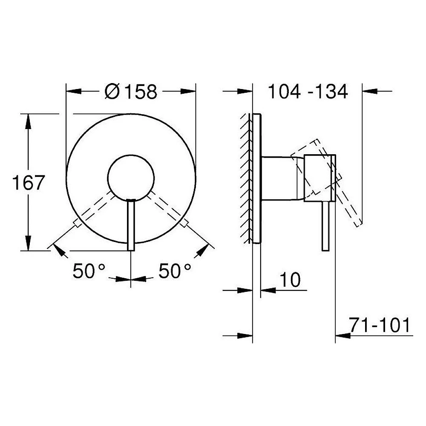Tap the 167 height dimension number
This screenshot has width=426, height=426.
click(28, 183)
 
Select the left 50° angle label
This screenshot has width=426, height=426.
click(89, 271)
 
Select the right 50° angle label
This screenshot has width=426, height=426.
click(175, 271)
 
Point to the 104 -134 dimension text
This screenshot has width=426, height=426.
click(308, 91)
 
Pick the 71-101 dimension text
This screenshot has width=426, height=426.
click(380, 325)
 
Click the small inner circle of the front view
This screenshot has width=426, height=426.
click(131, 178)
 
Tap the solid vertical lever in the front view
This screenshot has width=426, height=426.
click(131, 225)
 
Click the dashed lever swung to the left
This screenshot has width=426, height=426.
click(94, 208)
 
